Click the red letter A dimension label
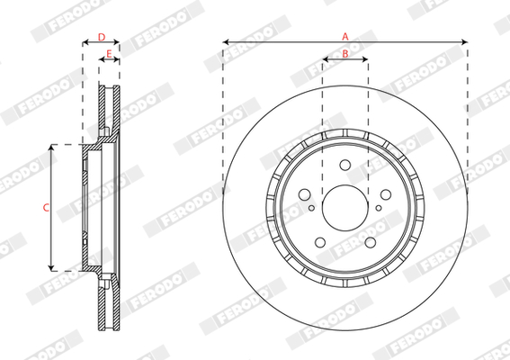coord(345,37)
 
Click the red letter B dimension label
coord(345,54)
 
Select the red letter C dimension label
coord(46,207)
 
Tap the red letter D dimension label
coord(102,37)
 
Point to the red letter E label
coord(109,53)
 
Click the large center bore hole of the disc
coord(345,208)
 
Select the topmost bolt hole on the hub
coord(345,165)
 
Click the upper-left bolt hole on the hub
coord(304,194)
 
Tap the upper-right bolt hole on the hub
coord(386,194)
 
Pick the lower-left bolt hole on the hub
coord(320,242)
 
